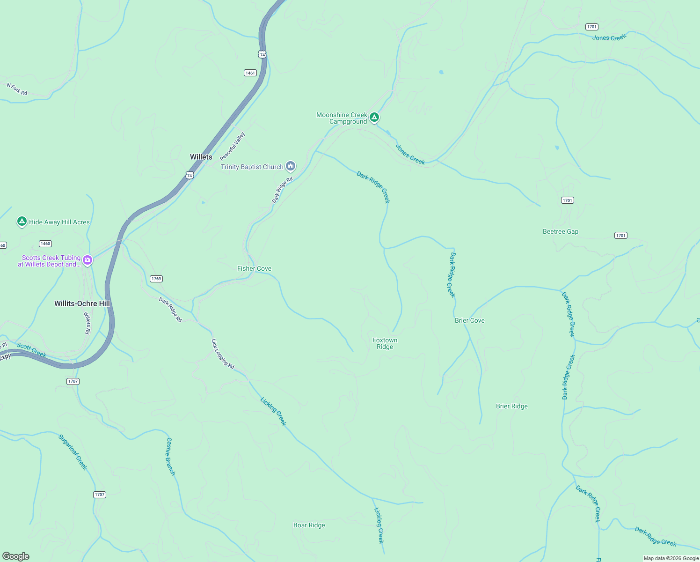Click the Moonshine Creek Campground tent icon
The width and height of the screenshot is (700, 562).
[x=374, y=117]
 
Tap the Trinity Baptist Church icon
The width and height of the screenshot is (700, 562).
[x=291, y=166]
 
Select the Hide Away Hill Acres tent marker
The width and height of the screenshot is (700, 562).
[x=22, y=221]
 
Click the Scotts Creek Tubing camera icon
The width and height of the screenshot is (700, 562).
[x=87, y=260]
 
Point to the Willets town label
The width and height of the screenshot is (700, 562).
[x=201, y=157]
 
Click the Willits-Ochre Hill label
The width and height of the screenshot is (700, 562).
[x=82, y=303]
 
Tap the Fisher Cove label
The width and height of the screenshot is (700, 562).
[x=254, y=268]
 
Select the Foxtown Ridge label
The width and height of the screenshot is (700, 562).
[x=385, y=343]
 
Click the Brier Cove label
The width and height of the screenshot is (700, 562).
[x=469, y=320]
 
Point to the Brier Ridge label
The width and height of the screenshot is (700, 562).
[x=511, y=406]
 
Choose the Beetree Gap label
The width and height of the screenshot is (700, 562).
[x=560, y=231]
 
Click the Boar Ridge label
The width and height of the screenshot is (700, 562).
[x=309, y=525]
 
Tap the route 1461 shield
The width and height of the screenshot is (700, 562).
[x=250, y=73]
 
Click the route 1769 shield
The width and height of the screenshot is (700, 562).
[x=156, y=279]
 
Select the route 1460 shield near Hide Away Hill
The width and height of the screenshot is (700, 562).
[x=45, y=244]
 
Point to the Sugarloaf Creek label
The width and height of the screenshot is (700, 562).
[x=73, y=452]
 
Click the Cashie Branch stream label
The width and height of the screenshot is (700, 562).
[x=171, y=457]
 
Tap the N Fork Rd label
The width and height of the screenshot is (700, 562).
[x=17, y=89]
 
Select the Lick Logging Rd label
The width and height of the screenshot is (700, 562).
[x=223, y=354]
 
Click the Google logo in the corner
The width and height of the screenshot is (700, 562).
[x=16, y=556]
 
